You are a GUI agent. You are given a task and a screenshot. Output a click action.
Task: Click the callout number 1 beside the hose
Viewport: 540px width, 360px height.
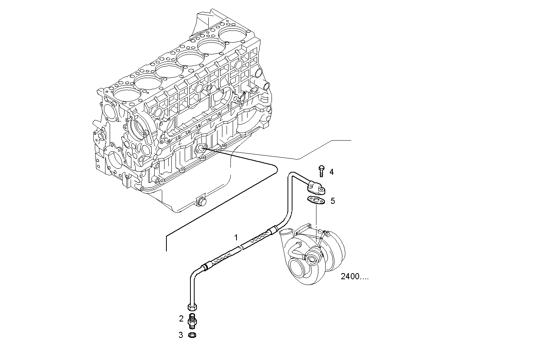coord(236,238)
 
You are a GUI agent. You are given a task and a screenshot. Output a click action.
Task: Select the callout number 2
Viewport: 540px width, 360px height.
coord(182,318)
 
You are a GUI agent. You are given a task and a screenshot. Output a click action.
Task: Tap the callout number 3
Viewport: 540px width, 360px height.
coord(181,335)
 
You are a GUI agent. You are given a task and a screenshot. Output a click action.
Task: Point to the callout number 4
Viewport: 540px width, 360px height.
coord(331,172)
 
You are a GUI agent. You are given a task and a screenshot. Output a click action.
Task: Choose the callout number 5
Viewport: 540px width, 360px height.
coord(332,201)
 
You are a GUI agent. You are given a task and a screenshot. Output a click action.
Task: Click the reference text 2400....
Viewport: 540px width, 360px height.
coord(355,277)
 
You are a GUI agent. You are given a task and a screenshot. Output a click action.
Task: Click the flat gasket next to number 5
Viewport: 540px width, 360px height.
coord(315,200)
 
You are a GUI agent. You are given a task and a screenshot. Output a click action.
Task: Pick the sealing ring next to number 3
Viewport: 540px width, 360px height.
coord(193,335)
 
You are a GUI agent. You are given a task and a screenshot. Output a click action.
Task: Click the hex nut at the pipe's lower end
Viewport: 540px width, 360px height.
coord(193,306)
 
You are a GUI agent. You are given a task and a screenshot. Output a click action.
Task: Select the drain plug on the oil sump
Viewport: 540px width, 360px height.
coord(199,202)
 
